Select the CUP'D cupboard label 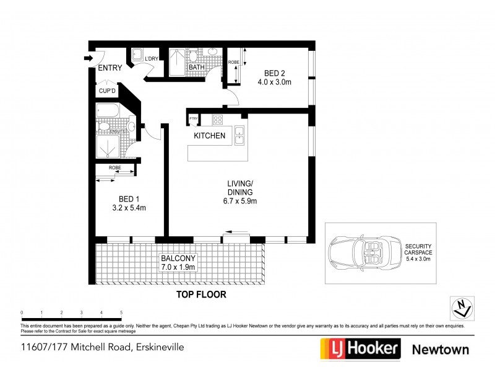pos(108,91)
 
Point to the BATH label pos(197,67)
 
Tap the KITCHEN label pos(210,136)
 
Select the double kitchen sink pos(238,136)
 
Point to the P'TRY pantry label pos(194,118)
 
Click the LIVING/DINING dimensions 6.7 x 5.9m pos(240,201)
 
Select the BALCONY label pos(178,258)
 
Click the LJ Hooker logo pos(358,348)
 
